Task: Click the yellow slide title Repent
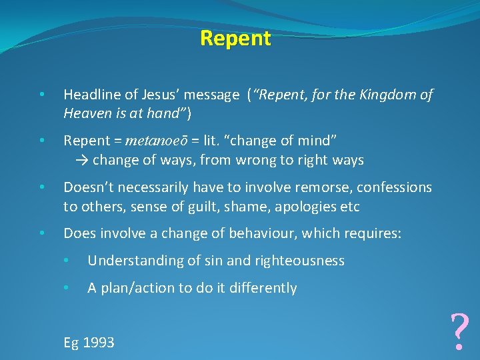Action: point(235,39)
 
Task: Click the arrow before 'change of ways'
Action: point(82,160)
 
